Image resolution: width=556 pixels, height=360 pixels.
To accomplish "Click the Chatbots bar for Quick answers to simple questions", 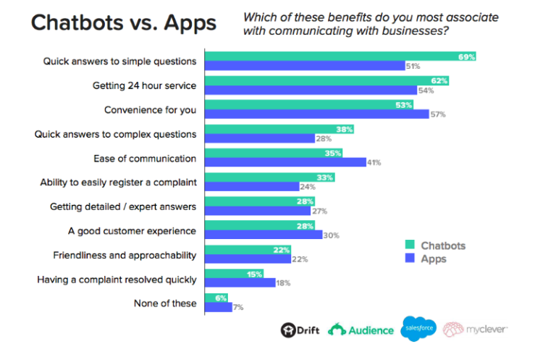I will pyautogui.click(x=340, y=56).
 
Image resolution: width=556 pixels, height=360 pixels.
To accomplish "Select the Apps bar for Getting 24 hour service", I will pyautogui.click(x=311, y=90).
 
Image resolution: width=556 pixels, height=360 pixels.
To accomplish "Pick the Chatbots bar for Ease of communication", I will pyautogui.click(x=274, y=153).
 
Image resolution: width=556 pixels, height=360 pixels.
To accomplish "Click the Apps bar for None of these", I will pyautogui.click(x=219, y=307).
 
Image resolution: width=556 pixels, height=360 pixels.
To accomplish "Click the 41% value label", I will pyautogui.click(x=374, y=163).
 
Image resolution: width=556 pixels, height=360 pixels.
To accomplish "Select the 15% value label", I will pyautogui.click(x=254, y=274).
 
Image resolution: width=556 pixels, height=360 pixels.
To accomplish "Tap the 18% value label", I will pyautogui.click(x=282, y=283).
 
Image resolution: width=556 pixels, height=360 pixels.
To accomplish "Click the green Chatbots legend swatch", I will pyautogui.click(x=410, y=245).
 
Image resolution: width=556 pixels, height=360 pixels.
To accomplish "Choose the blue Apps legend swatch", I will pyautogui.click(x=410, y=258).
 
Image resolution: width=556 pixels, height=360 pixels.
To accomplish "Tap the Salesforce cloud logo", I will pyautogui.click(x=418, y=329).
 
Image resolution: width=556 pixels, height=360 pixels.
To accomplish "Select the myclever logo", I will pyautogui.click(x=476, y=330).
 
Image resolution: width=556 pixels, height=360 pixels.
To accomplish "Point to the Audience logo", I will pyautogui.click(x=361, y=330).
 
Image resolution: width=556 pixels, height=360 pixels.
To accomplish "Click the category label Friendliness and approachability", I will pyautogui.click(x=125, y=255).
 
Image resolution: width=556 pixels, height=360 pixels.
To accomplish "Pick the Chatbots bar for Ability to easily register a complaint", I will pyautogui.click(x=270, y=177).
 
